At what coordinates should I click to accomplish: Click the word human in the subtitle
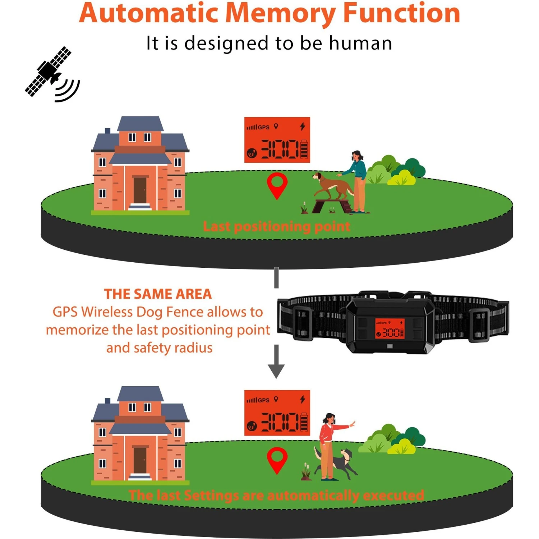[360, 43]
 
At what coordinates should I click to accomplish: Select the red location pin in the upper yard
[277, 184]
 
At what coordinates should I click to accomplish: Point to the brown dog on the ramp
[333, 186]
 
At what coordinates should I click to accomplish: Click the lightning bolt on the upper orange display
[303, 126]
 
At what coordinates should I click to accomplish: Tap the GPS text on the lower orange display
[263, 400]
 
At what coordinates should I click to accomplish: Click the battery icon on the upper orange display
[304, 149]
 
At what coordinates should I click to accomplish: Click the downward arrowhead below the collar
[276, 370]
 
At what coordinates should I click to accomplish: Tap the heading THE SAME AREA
[158, 294]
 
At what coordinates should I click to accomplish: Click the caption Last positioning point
[276, 227]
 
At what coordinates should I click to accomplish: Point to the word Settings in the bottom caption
[211, 496]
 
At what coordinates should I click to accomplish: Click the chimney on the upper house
[107, 131]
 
